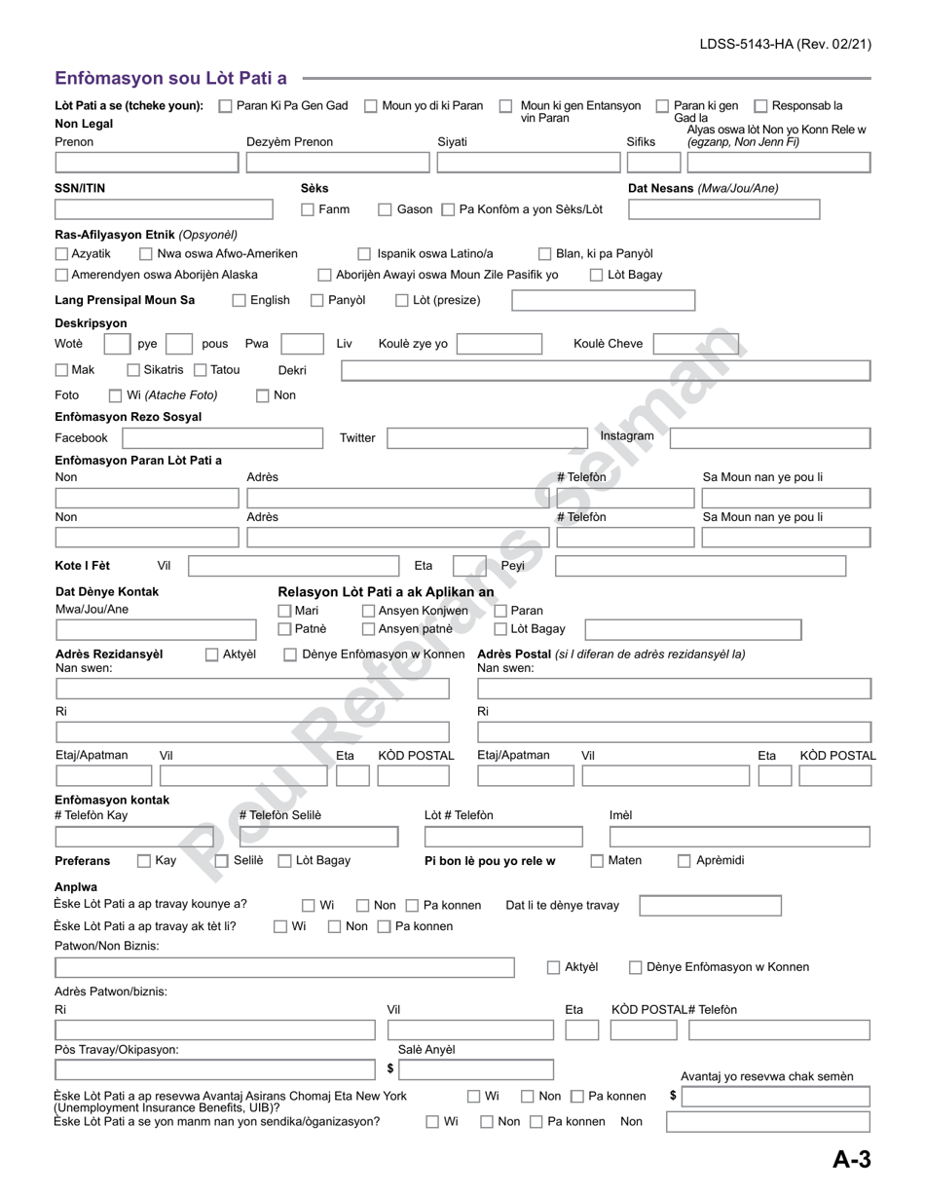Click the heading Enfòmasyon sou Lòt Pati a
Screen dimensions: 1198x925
coord(170,78)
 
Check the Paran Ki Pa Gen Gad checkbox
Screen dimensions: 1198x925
coord(225,106)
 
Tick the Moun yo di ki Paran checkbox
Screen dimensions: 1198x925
coord(371,106)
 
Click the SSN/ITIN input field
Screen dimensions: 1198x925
coord(164,209)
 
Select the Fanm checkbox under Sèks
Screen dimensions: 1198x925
coord(308,209)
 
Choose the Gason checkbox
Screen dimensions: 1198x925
coord(385,209)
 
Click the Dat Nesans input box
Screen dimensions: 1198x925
coord(723,209)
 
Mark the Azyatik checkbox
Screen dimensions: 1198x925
coord(62,254)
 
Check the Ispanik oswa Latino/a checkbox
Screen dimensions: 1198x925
coord(364,254)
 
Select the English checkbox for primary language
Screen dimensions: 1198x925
coord(240,301)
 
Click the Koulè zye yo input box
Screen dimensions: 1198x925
coord(499,344)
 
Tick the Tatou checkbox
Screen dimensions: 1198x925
coord(200,370)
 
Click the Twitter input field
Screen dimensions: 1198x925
coord(487,437)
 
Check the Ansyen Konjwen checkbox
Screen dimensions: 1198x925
coord(369,611)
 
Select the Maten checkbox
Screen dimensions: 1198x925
coord(597,861)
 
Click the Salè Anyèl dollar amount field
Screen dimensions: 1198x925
coord(476,1070)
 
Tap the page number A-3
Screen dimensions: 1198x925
coord(851,1159)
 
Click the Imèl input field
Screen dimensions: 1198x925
coord(740,837)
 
